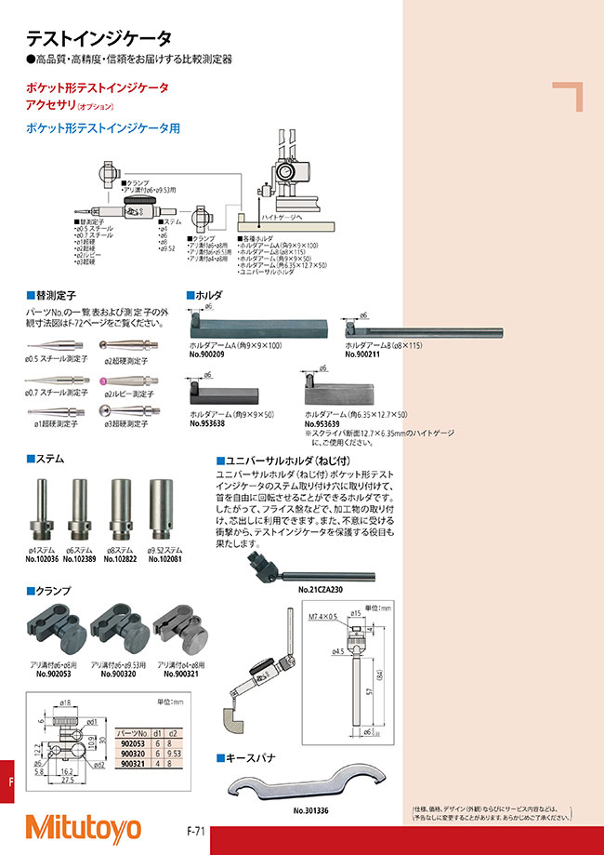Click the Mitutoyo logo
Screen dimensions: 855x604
[x=84, y=827]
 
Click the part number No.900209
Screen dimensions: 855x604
[x=210, y=354]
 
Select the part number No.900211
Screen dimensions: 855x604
[x=365, y=354]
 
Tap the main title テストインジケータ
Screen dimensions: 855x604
[x=98, y=38]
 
